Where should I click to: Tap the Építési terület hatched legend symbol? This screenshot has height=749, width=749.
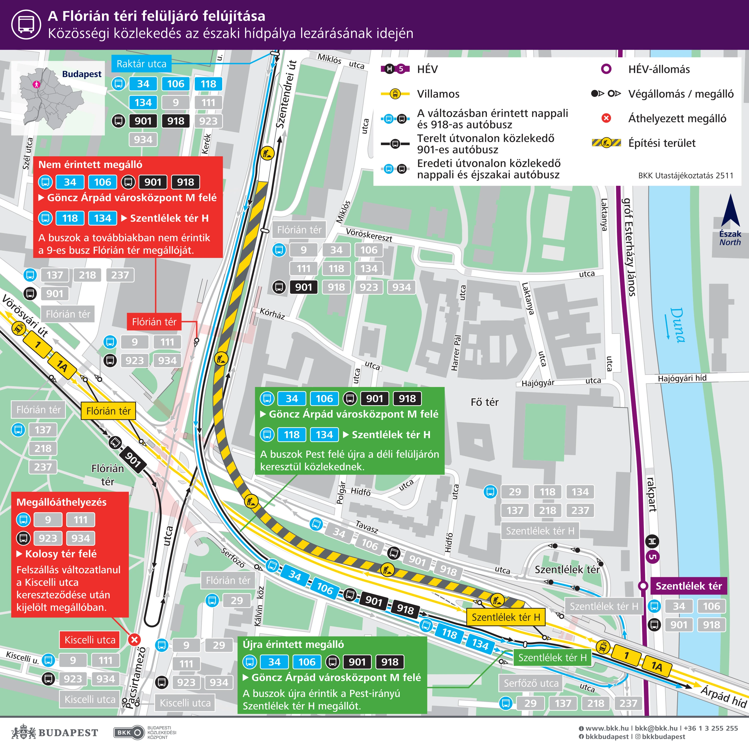[x=606, y=143]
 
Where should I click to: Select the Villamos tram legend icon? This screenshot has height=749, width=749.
[x=395, y=94]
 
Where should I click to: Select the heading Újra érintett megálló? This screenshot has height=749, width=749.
[x=293, y=644]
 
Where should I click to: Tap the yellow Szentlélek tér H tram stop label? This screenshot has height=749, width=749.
[x=506, y=617]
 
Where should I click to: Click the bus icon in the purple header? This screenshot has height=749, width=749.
[x=26, y=24]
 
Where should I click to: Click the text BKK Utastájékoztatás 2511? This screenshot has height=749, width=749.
[x=685, y=176]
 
